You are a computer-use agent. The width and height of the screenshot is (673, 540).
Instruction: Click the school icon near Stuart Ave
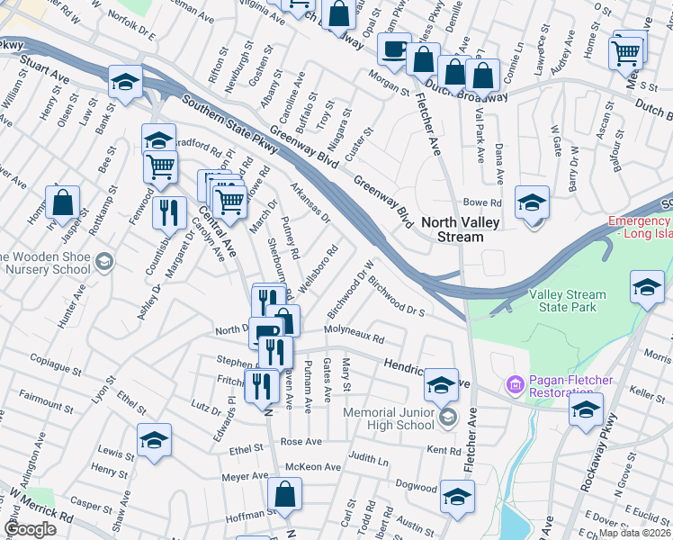click(x=125, y=82)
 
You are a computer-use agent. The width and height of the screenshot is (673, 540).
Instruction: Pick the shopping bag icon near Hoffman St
click(x=284, y=493)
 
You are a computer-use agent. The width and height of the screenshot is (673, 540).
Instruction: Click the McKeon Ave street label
click(x=313, y=467)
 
